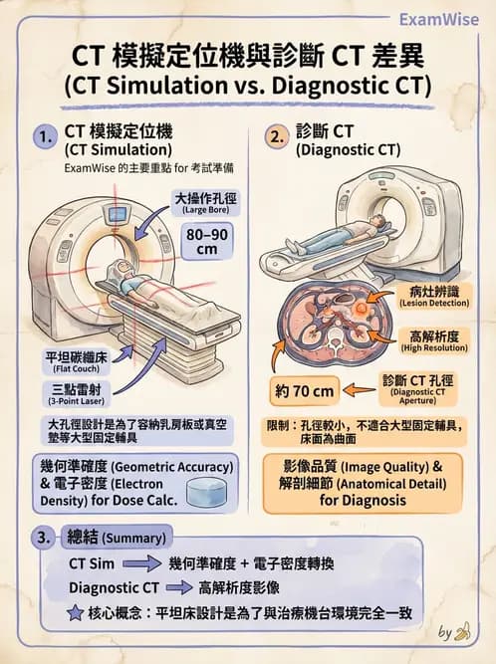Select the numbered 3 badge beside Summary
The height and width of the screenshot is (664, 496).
click(x=43, y=538)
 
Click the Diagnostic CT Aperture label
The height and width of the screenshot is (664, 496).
click(x=413, y=388)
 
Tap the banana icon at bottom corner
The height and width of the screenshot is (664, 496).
click(x=461, y=632)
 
